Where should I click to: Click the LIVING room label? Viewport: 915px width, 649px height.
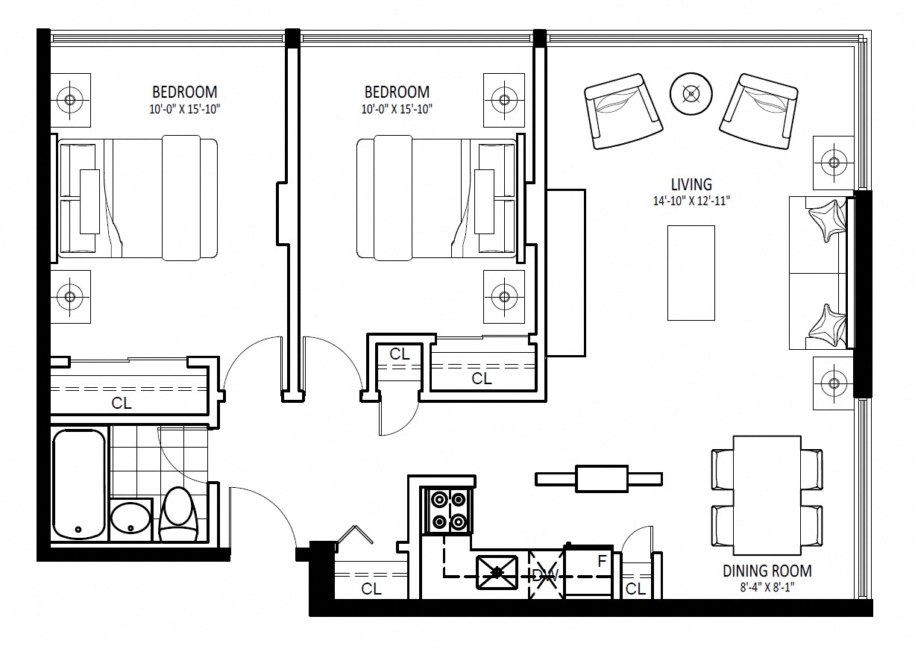pyautogui.click(x=691, y=185)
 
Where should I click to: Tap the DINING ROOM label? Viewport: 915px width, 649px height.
pyautogui.click(x=767, y=571)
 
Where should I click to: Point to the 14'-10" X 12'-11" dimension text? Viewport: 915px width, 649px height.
pyautogui.click(x=691, y=201)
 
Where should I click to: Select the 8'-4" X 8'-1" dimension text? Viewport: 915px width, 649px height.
pyautogui.click(x=767, y=587)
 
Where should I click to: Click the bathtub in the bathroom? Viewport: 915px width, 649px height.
pyautogui.click(x=79, y=484)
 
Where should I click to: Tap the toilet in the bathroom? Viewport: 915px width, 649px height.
pyautogui.click(x=178, y=514)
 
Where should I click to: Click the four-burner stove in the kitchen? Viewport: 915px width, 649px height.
pyautogui.click(x=448, y=510)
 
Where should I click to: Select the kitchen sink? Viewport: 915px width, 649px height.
pyautogui.click(x=497, y=572)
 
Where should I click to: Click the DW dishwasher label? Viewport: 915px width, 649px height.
pyautogui.click(x=546, y=577)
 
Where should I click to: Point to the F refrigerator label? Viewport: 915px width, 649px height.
pyautogui.click(x=602, y=562)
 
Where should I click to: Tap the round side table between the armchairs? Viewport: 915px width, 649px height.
pyautogui.click(x=691, y=94)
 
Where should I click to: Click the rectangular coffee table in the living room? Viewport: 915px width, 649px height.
pyautogui.click(x=691, y=273)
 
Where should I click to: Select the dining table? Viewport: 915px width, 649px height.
pyautogui.click(x=767, y=495)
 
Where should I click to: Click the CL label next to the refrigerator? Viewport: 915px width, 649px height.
pyautogui.click(x=635, y=589)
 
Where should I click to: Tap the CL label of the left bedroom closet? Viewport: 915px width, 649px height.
pyautogui.click(x=122, y=404)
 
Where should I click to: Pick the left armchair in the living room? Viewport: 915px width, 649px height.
pyautogui.click(x=623, y=111)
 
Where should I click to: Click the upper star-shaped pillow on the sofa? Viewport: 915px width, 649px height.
pyautogui.click(x=827, y=220)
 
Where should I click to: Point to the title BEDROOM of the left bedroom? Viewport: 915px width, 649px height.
pyautogui.click(x=185, y=93)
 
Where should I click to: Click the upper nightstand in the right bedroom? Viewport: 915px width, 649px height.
pyautogui.click(x=504, y=100)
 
